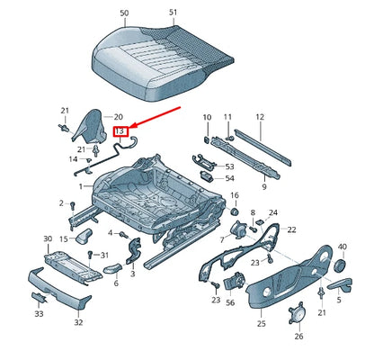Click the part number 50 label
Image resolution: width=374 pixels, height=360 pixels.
124,13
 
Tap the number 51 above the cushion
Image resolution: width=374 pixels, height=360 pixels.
173,13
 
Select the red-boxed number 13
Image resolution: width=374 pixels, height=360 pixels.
120,131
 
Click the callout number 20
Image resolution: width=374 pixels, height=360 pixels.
119,117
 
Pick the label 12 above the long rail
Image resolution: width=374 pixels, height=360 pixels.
260,117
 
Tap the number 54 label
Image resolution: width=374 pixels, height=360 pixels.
229,178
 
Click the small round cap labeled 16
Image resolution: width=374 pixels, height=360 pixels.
234,211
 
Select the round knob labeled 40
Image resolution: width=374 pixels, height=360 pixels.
340,265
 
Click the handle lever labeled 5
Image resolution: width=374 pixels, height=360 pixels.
340,284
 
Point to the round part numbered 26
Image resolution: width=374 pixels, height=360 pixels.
296,315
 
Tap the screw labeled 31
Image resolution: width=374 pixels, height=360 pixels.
90,255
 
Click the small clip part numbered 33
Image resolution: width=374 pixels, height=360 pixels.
40,298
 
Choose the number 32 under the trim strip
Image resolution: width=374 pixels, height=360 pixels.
78,322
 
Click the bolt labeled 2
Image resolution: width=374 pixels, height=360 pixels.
72,206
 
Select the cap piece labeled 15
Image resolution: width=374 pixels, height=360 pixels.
84,236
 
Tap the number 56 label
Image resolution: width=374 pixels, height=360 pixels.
230,302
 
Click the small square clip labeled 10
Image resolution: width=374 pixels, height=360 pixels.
207,139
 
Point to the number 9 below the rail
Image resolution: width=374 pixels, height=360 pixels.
264,187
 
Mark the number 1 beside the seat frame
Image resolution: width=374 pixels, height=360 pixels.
81,186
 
